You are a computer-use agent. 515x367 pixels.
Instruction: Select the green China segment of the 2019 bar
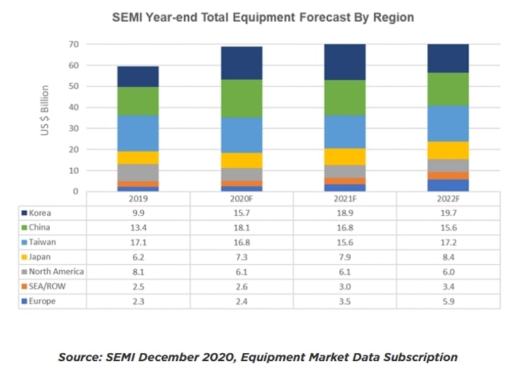click(138, 101)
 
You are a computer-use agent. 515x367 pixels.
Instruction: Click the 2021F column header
click(344, 198)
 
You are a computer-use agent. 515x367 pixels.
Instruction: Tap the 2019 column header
click(138, 198)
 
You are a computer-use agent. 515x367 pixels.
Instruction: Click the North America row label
click(58, 271)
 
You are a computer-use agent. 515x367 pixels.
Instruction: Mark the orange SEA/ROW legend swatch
click(25, 286)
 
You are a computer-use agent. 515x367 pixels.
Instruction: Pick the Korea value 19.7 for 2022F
click(448, 212)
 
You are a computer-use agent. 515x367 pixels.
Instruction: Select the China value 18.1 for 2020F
click(241, 227)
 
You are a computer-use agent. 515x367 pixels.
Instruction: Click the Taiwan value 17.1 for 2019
click(138, 242)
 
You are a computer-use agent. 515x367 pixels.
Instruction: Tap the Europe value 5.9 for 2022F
click(448, 301)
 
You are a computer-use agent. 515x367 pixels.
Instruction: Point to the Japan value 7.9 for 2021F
click(344, 257)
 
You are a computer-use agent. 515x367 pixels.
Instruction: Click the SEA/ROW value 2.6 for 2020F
click(241, 286)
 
